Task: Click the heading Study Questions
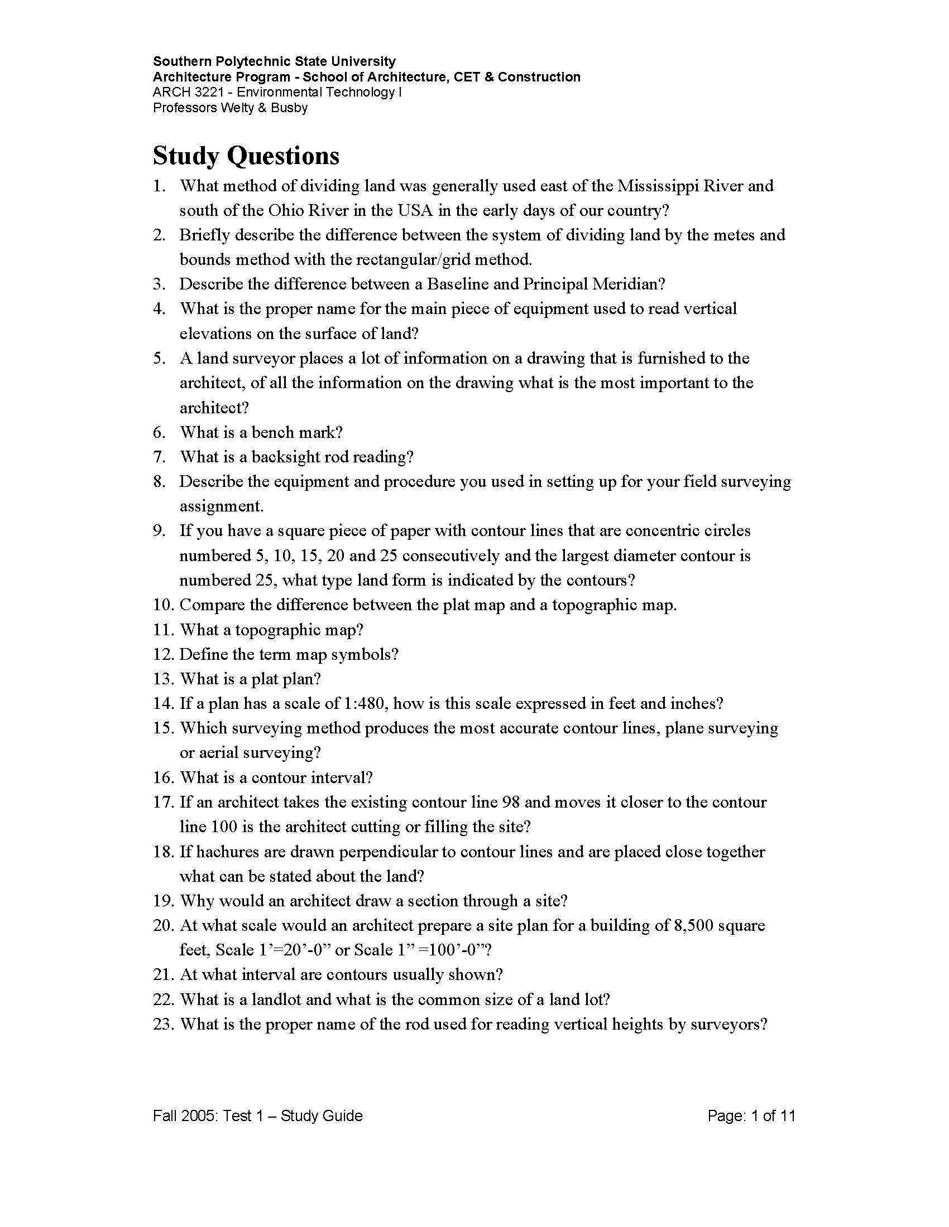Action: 246,156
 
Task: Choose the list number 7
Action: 159,457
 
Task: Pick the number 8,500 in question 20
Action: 694,926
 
